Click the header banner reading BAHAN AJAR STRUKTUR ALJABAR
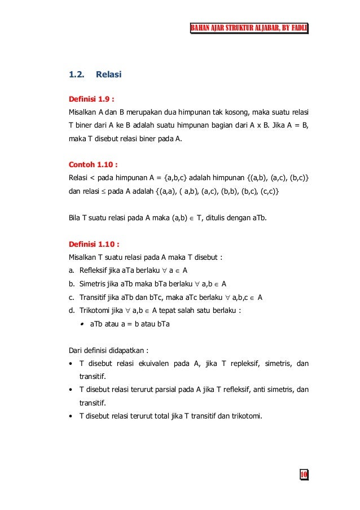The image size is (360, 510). (x=249, y=28)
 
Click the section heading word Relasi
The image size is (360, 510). (x=109, y=74)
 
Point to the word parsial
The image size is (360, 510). (x=175, y=390)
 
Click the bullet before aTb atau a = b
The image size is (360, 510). (x=82, y=324)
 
